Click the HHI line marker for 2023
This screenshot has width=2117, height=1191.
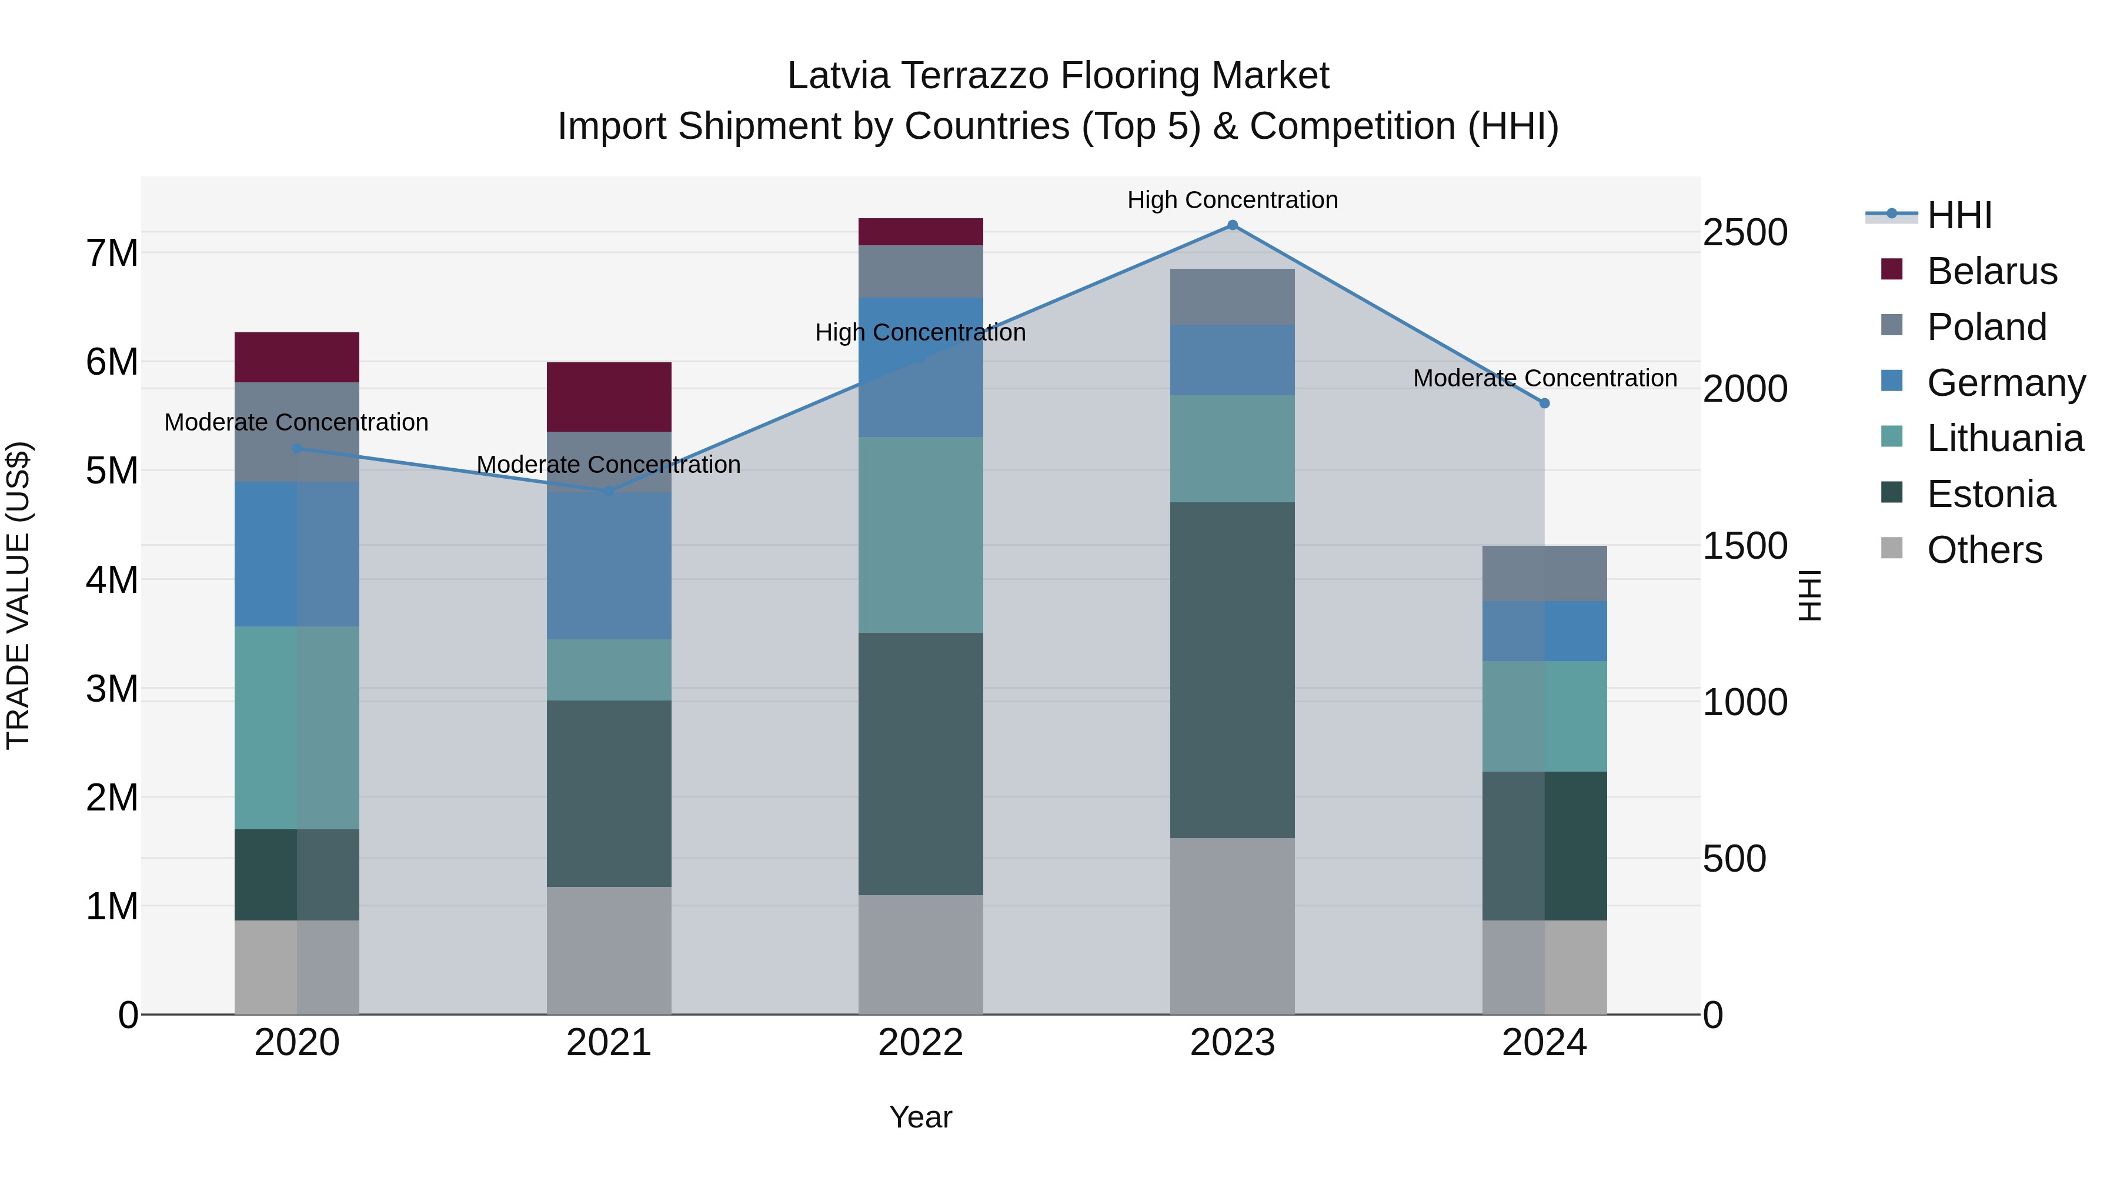pos(1232,225)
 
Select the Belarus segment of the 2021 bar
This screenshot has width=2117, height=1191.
pos(609,397)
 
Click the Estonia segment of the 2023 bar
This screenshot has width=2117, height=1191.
pos(1232,670)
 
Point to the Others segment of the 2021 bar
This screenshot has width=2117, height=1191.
pos(609,950)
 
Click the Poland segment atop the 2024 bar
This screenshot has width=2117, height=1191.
pos(1544,573)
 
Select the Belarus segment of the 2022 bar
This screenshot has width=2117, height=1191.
pos(920,232)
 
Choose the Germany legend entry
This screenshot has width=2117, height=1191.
pos(2005,383)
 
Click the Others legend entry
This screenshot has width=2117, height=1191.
pos(1984,550)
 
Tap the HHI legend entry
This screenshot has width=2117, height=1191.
pos(1959,215)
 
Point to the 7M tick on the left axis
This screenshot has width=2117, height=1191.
pos(112,253)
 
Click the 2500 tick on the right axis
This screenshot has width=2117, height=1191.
pos(1745,232)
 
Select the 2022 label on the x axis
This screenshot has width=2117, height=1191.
pos(920,1043)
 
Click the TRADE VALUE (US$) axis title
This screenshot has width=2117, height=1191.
pos(18,595)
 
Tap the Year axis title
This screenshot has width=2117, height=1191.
pos(920,1117)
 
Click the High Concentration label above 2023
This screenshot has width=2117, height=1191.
pos(1232,200)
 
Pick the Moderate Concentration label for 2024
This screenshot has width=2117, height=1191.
pos(1544,378)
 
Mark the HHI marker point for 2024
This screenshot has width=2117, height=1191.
pos(1544,403)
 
